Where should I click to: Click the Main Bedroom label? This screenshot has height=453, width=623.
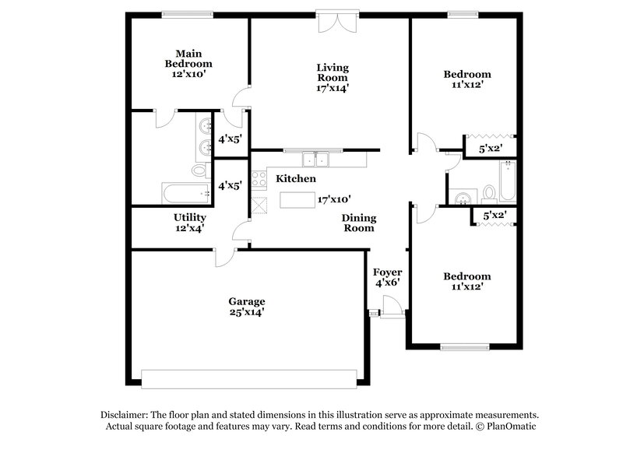click(188, 58)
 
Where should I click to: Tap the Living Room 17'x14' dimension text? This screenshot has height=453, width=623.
click(332, 88)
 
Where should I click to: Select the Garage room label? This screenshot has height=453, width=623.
click(246, 301)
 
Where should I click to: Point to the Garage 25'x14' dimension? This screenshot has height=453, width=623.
click(246, 312)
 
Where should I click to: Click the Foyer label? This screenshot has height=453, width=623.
click(387, 272)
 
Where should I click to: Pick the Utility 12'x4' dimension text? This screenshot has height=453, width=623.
click(189, 228)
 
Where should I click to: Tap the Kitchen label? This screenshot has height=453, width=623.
click(296, 179)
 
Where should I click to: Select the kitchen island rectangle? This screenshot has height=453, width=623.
click(297, 200)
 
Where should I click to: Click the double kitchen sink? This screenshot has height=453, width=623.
click(316, 160)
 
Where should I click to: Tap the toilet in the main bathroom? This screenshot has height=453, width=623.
click(199, 170)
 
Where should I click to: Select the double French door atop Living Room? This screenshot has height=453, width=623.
click(336, 22)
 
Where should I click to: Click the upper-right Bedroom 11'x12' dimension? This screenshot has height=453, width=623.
click(467, 86)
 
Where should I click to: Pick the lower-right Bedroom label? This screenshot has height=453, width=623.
click(467, 276)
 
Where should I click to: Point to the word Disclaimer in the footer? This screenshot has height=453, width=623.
click(125, 415)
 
